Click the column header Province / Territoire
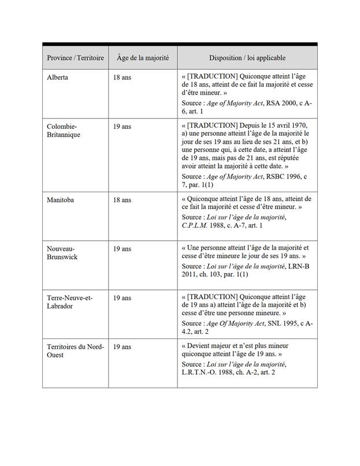tap(75, 58)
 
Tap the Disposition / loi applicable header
tap(247, 58)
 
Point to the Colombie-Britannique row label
tap(63, 131)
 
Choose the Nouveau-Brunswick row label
tap(62, 253)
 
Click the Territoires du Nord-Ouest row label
tap(75, 351)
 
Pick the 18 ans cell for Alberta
tap(123, 77)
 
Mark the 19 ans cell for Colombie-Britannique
tap(123, 126)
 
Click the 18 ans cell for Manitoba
tap(123, 200)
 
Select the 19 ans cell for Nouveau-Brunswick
tap(123, 249)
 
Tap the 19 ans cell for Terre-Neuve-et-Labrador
tap(123, 298)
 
